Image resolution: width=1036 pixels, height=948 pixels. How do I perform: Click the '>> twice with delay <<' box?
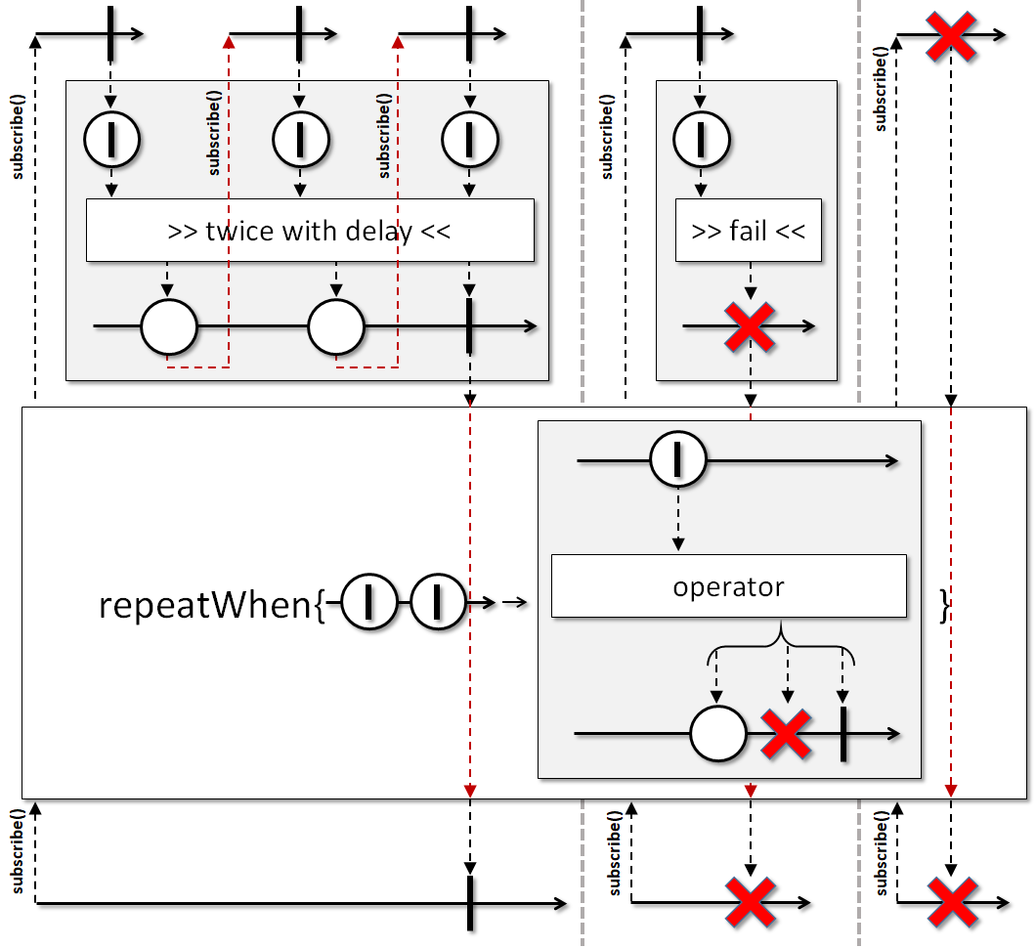[310, 231]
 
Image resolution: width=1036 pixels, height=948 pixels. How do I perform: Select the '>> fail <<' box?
[748, 231]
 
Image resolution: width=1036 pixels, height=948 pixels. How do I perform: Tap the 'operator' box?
[729, 586]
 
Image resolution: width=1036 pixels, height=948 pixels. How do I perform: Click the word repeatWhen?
[205, 605]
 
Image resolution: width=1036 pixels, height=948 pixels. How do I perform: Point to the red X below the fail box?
[750, 326]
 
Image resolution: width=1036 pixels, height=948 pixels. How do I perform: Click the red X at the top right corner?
[951, 36]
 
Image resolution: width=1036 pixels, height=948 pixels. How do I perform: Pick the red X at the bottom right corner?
[952, 902]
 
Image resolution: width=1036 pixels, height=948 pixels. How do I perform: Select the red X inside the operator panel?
[786, 734]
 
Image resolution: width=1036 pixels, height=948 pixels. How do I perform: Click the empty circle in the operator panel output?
[718, 734]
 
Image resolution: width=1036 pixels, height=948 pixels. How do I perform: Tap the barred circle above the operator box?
[678, 459]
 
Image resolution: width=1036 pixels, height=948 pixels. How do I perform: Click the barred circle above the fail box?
[701, 140]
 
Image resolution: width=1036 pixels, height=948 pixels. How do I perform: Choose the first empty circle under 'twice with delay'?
[168, 327]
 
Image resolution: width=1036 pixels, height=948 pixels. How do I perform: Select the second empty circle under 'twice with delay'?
[336, 327]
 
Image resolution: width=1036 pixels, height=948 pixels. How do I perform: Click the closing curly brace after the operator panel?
[945, 606]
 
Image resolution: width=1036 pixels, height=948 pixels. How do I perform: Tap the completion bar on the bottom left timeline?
[470, 903]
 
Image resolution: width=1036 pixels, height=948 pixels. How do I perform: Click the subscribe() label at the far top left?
[18, 137]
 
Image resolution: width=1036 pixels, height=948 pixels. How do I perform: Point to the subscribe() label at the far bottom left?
[18, 851]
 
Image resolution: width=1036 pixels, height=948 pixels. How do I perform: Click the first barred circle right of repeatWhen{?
[369, 602]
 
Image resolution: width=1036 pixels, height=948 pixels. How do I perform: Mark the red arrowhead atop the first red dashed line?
[229, 42]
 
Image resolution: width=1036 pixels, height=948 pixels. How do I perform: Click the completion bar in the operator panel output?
[843, 734]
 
